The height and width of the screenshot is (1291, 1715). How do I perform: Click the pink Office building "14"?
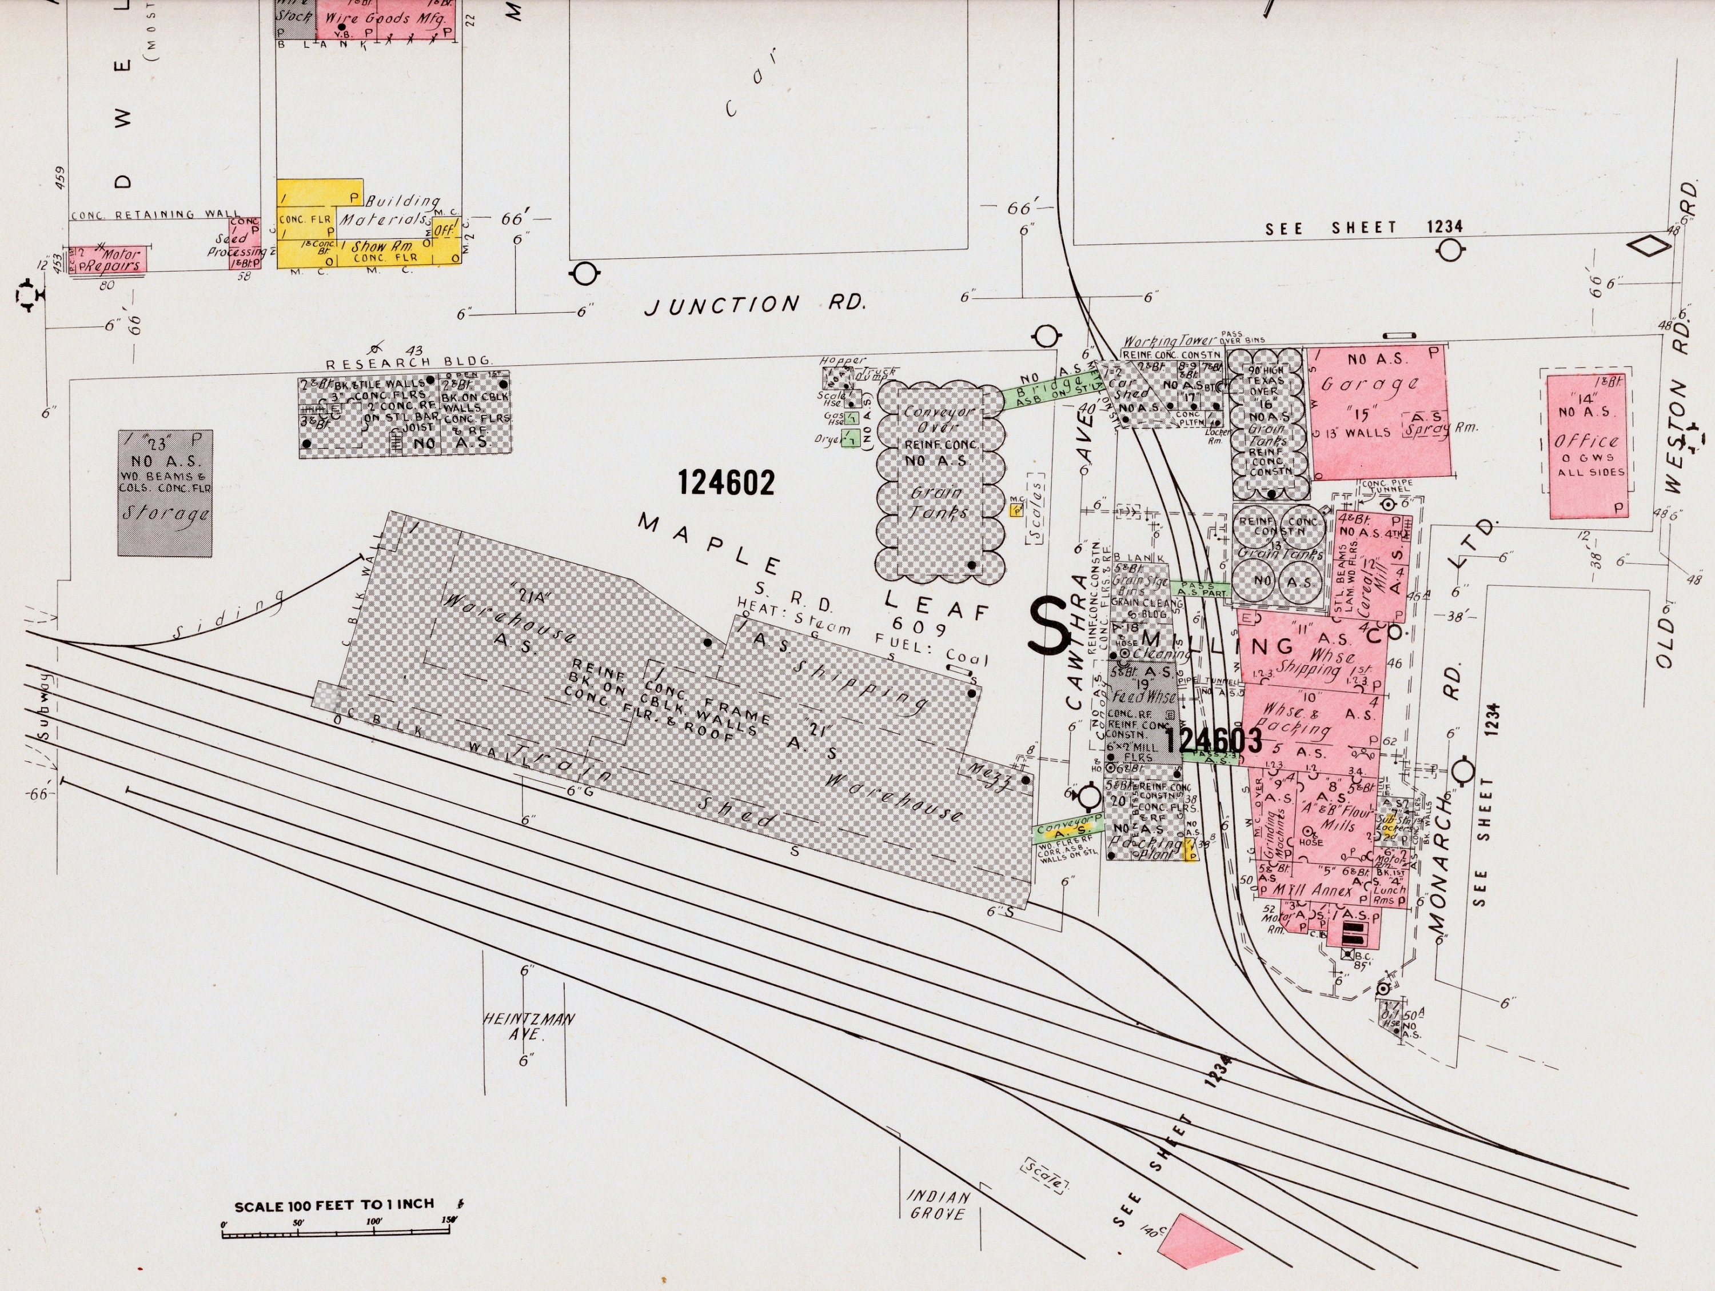point(1586,446)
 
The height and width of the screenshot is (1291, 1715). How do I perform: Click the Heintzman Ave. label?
point(529,1026)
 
